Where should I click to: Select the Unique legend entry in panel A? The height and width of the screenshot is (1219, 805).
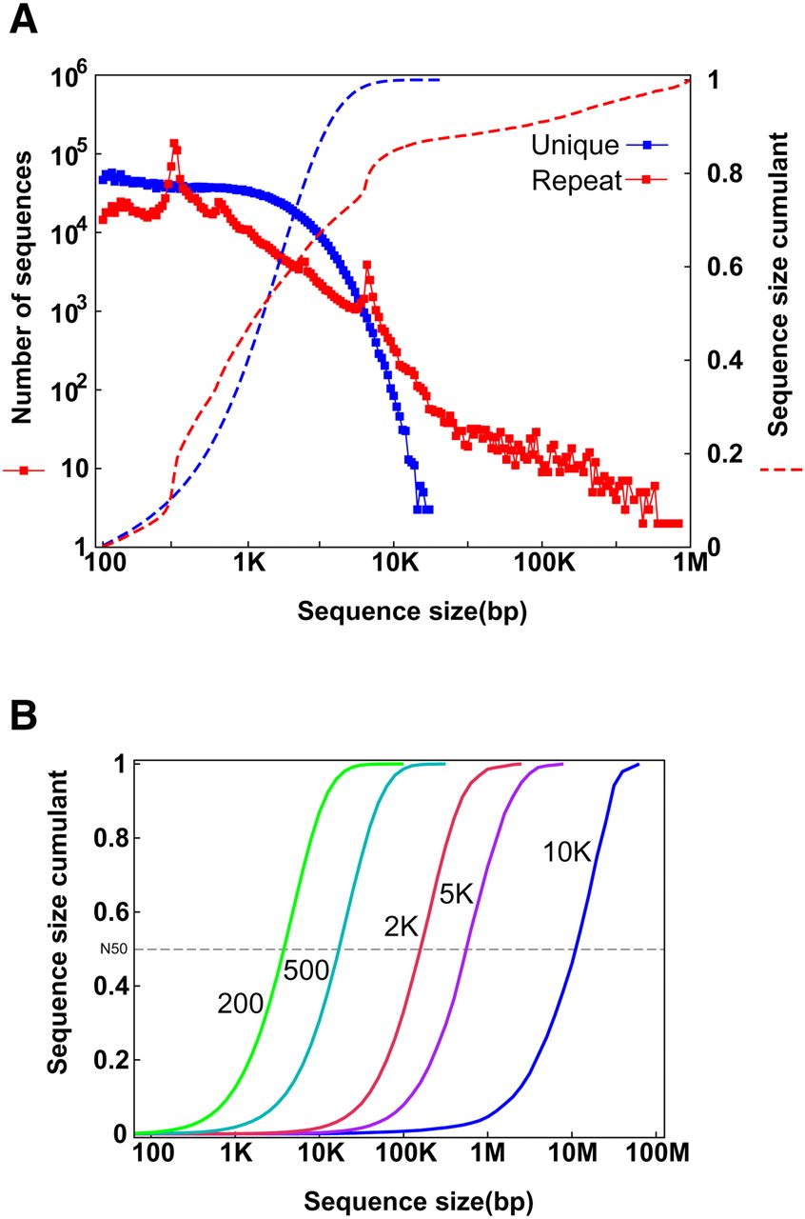[x=574, y=145]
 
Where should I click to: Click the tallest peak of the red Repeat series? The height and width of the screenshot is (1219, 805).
[x=174, y=143]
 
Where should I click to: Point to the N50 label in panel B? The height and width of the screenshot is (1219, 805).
[x=113, y=949]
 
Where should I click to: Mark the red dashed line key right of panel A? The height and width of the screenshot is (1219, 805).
[x=782, y=469]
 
